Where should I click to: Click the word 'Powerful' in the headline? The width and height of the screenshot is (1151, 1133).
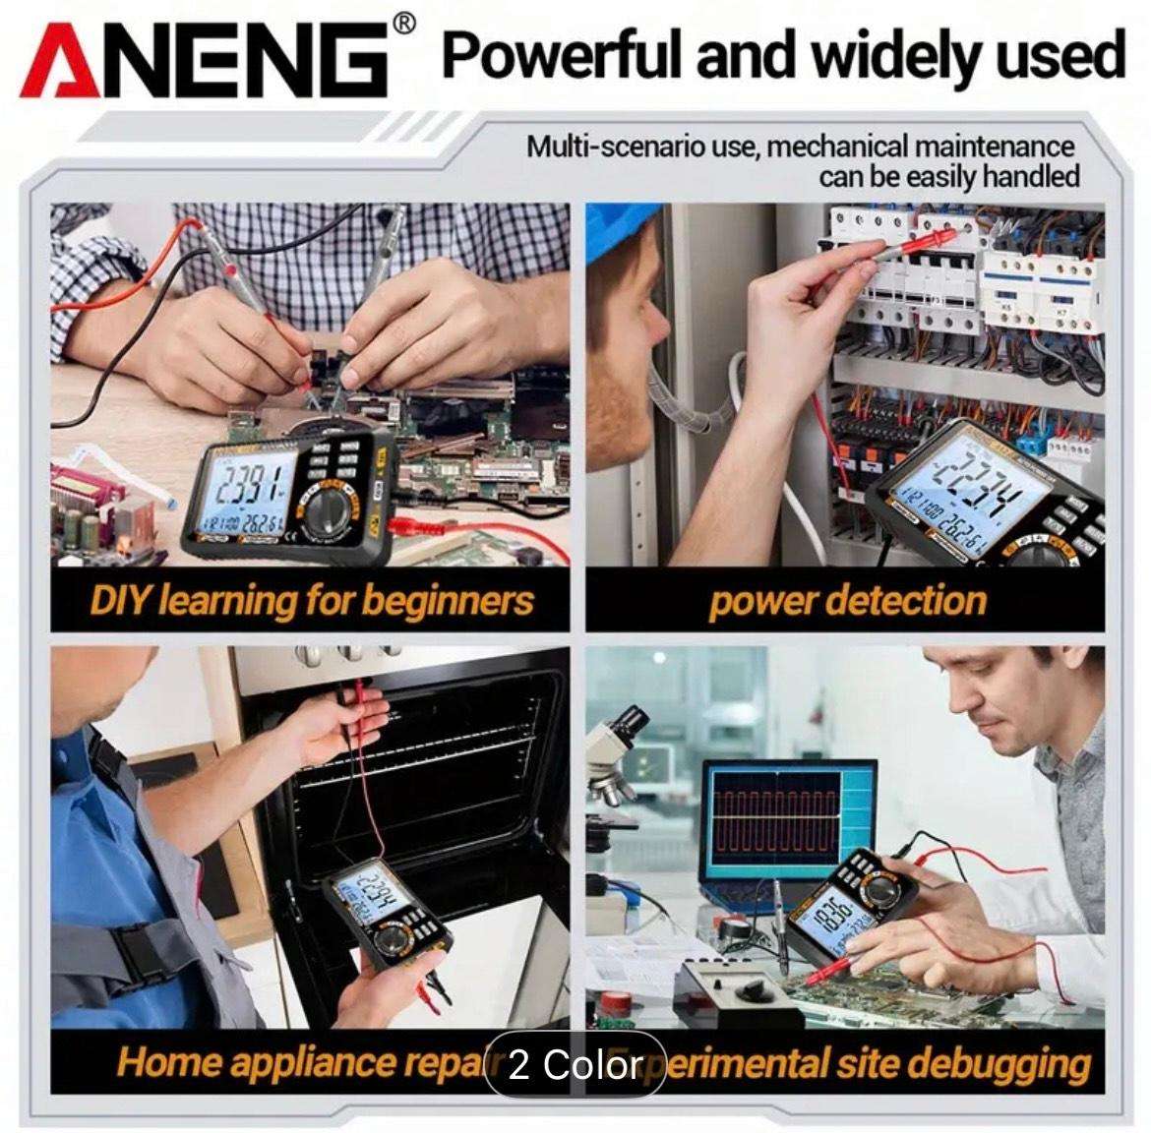point(560,55)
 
